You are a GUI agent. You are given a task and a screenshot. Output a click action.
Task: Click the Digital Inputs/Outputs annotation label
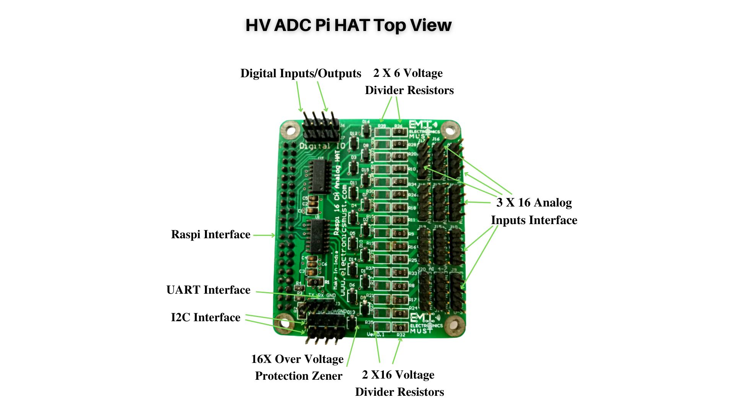(300, 73)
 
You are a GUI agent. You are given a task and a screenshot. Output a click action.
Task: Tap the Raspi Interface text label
(211, 234)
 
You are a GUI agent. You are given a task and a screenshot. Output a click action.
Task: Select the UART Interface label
(208, 290)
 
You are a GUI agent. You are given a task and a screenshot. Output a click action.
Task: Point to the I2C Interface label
(206, 317)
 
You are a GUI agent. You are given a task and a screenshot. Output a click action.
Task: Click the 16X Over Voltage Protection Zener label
(298, 367)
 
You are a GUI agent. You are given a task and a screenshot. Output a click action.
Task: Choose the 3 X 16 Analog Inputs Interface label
(534, 211)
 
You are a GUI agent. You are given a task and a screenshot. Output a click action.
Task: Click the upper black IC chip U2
(320, 176)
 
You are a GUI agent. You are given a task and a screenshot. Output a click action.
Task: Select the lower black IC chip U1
(318, 236)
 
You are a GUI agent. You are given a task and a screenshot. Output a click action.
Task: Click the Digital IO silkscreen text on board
(322, 146)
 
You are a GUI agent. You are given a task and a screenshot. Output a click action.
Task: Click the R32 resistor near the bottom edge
(400, 327)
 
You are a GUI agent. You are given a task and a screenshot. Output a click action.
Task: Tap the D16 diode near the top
(366, 131)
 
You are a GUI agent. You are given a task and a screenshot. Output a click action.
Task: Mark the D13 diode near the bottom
(351, 322)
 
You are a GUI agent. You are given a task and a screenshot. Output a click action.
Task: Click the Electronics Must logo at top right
(424, 130)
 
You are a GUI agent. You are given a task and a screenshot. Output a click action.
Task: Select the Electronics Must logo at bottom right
(425, 324)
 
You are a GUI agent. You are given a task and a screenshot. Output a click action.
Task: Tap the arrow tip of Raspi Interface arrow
(274, 235)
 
